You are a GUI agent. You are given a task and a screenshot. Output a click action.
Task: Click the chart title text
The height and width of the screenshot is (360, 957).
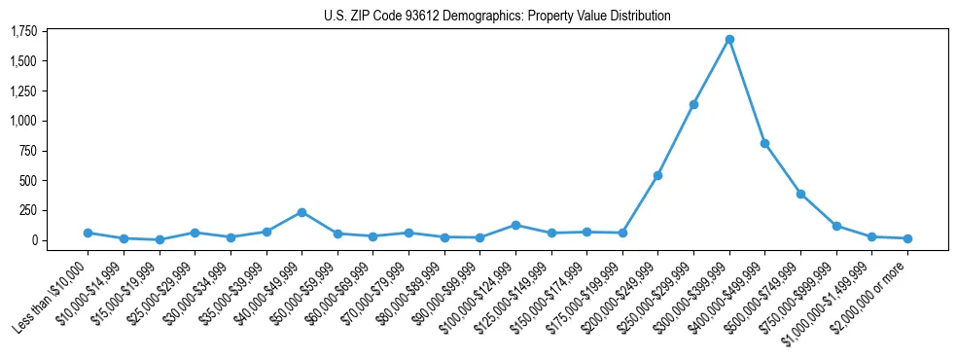(497, 16)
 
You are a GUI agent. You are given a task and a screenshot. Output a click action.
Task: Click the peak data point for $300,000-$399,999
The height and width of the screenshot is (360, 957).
(729, 40)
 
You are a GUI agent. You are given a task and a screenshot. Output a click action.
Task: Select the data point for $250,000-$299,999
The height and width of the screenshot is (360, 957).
(693, 104)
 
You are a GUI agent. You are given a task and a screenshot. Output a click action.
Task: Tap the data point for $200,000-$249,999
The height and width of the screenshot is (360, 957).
(657, 175)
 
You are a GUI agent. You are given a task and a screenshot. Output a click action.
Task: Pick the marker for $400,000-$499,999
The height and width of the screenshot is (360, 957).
(764, 143)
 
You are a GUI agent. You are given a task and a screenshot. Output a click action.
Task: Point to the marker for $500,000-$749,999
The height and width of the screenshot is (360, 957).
(800, 194)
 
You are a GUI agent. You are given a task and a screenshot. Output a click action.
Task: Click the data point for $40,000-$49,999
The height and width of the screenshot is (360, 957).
(301, 212)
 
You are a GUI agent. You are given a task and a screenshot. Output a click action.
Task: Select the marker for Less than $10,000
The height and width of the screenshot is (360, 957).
(88, 233)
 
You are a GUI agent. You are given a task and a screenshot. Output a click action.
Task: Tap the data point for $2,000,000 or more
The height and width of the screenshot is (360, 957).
(907, 238)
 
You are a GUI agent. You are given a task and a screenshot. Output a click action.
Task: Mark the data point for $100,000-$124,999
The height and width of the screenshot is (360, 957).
(515, 225)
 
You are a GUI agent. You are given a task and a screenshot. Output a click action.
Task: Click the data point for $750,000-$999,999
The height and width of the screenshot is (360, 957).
(836, 226)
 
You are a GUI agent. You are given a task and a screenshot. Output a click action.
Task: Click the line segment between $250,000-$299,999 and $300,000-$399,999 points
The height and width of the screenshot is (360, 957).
(711, 72)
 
